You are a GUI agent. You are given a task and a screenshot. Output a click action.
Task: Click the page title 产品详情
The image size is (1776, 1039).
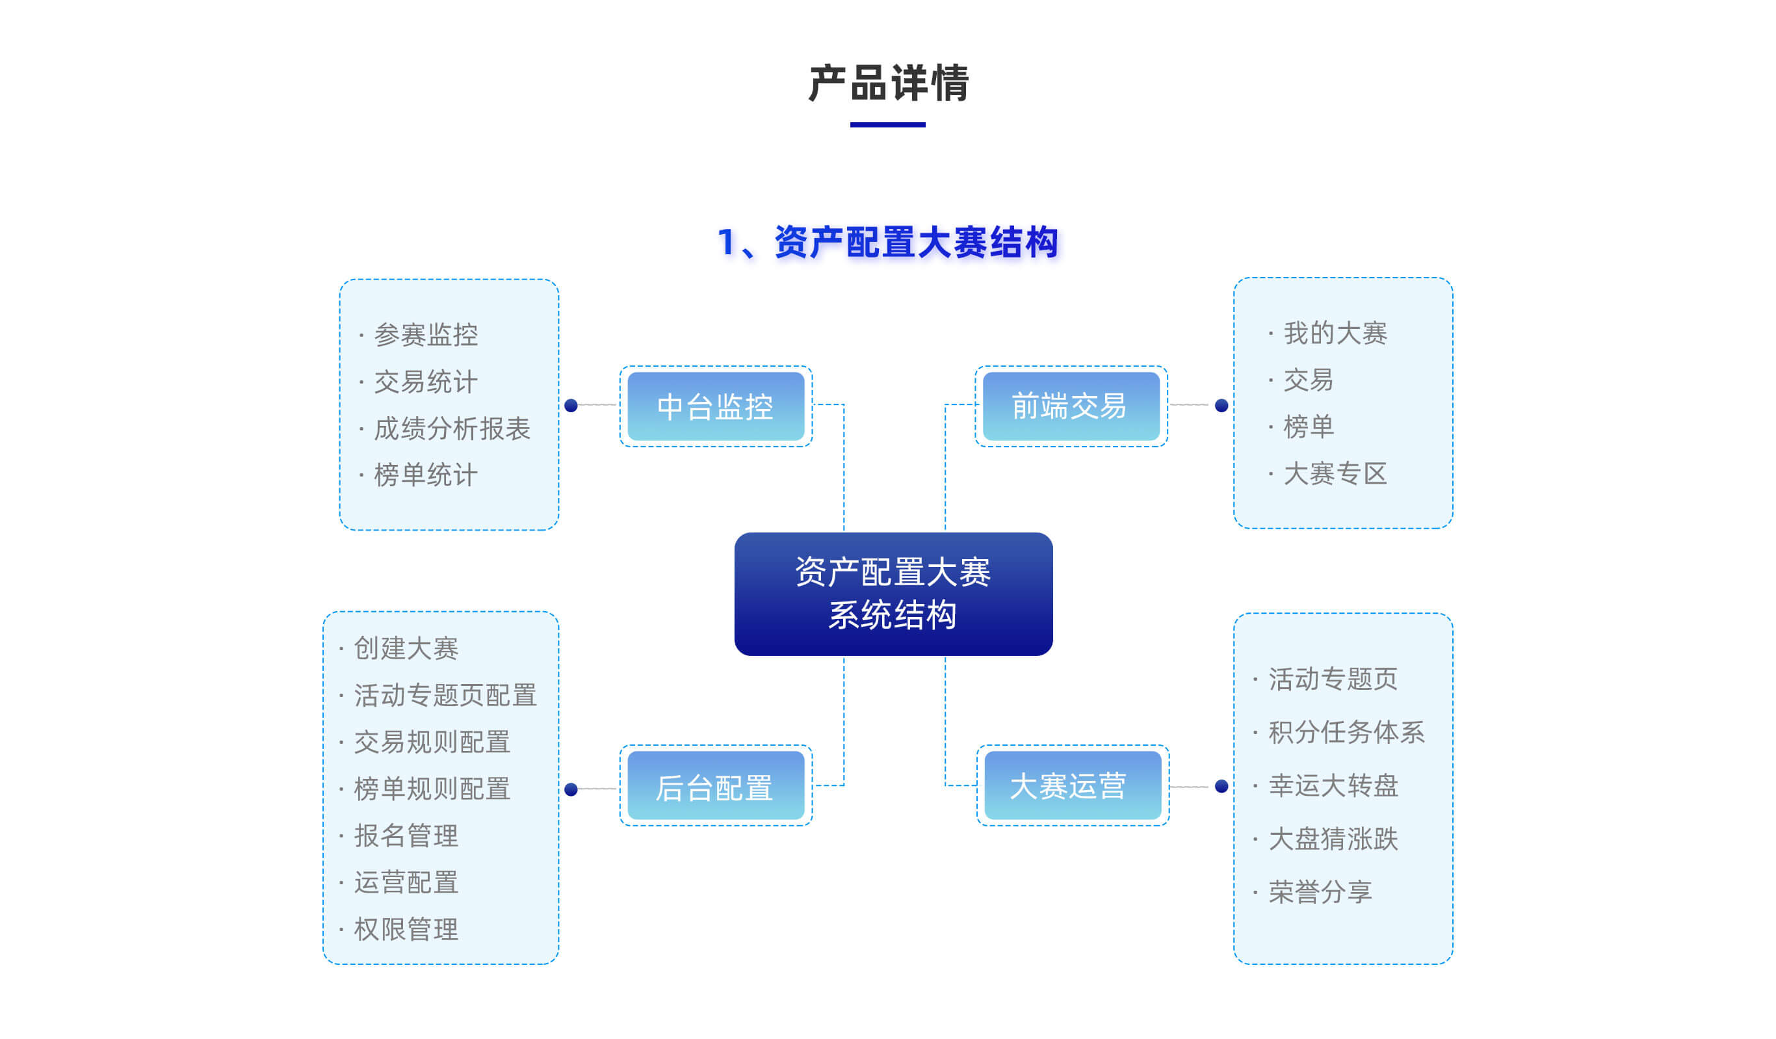[888, 83]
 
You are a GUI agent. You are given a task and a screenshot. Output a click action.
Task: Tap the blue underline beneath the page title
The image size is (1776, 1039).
[887, 125]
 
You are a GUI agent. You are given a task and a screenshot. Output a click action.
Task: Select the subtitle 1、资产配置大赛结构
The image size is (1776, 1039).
[887, 243]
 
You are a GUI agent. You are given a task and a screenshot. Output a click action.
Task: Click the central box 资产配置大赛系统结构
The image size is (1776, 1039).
[893, 594]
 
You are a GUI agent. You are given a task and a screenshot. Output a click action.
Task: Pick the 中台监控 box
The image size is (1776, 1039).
[715, 406]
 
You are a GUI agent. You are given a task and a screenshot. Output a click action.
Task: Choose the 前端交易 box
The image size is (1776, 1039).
[1071, 406]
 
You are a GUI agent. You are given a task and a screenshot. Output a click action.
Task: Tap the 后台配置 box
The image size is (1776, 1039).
[715, 785]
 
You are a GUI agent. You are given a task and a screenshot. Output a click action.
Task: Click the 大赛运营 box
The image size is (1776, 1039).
[1072, 785]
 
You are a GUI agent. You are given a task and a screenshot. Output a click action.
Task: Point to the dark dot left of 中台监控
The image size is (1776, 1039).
[571, 405]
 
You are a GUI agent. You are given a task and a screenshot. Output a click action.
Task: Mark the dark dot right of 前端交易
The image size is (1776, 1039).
[1221, 405]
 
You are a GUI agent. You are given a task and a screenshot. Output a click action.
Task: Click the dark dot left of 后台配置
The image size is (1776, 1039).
[571, 789]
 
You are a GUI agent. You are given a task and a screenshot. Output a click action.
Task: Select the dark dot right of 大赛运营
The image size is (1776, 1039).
[1221, 786]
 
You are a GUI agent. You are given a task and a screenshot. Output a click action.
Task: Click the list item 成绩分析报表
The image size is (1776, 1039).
[452, 428]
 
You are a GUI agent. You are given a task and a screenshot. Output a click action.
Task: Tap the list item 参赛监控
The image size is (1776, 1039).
[426, 335]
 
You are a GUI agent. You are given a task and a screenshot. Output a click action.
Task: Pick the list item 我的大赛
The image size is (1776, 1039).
[1335, 333]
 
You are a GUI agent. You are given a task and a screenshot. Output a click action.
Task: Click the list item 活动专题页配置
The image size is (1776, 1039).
[445, 695]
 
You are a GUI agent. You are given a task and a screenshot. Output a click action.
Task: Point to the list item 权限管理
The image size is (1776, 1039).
[406, 929]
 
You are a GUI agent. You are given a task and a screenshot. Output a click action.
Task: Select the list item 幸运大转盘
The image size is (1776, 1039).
[1333, 785]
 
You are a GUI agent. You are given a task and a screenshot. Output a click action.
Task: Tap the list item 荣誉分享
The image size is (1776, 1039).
[1320, 891]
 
